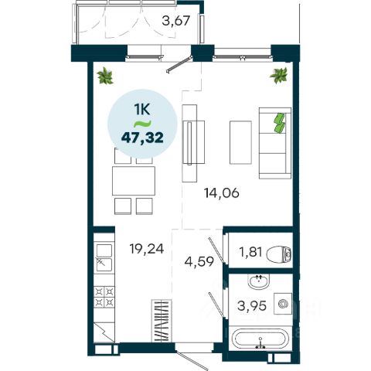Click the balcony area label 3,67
(x=176, y=21)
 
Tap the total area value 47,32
(x=142, y=138)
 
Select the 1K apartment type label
(x=142, y=110)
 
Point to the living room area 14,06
(x=222, y=193)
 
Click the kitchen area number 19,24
(x=147, y=249)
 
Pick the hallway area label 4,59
(x=199, y=261)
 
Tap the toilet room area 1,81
(x=250, y=252)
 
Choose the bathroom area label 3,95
(x=252, y=306)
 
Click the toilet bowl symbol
(x=279, y=254)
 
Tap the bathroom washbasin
(x=259, y=281)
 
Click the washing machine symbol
(x=283, y=304)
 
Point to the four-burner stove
(x=104, y=297)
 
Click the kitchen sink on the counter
(x=104, y=257)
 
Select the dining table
(x=134, y=181)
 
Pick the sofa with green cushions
(x=275, y=143)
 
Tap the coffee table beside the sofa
(x=240, y=142)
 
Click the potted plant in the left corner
(x=105, y=76)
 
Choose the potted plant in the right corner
(x=278, y=75)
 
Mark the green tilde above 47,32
(x=142, y=124)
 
